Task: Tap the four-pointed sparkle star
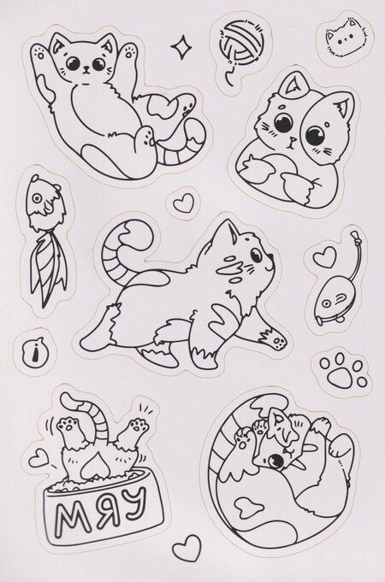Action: point(181,47)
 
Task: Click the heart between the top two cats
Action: point(184,203)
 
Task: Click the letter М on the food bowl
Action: point(68,515)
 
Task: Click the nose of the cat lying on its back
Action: point(86,68)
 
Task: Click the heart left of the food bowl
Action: point(38,458)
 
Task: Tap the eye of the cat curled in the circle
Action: point(275,461)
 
